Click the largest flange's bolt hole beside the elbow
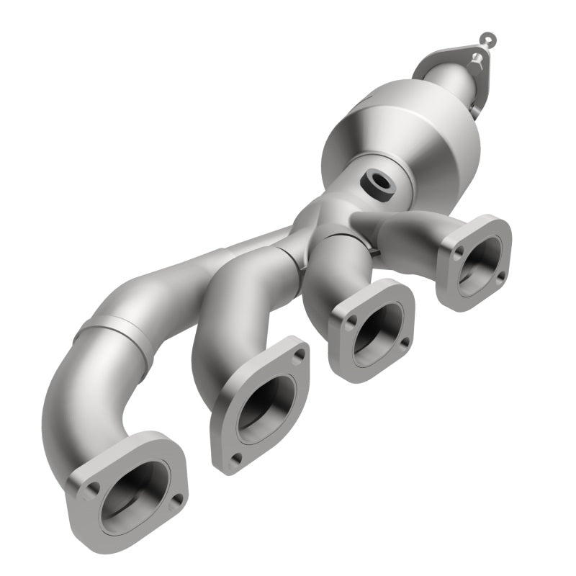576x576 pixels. point(91,492)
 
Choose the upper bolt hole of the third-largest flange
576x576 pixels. point(404,294)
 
